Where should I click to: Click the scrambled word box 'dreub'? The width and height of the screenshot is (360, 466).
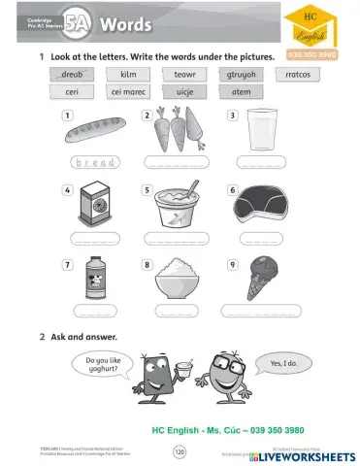[x=73, y=74]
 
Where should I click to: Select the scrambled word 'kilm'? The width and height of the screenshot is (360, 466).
[x=128, y=74]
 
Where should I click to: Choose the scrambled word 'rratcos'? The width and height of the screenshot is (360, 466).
[x=298, y=74]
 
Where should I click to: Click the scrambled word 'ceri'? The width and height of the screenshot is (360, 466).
[x=73, y=92]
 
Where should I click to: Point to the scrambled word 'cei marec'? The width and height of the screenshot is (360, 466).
[x=128, y=92]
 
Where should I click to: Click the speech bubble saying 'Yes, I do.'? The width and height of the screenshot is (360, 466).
[x=283, y=363]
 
